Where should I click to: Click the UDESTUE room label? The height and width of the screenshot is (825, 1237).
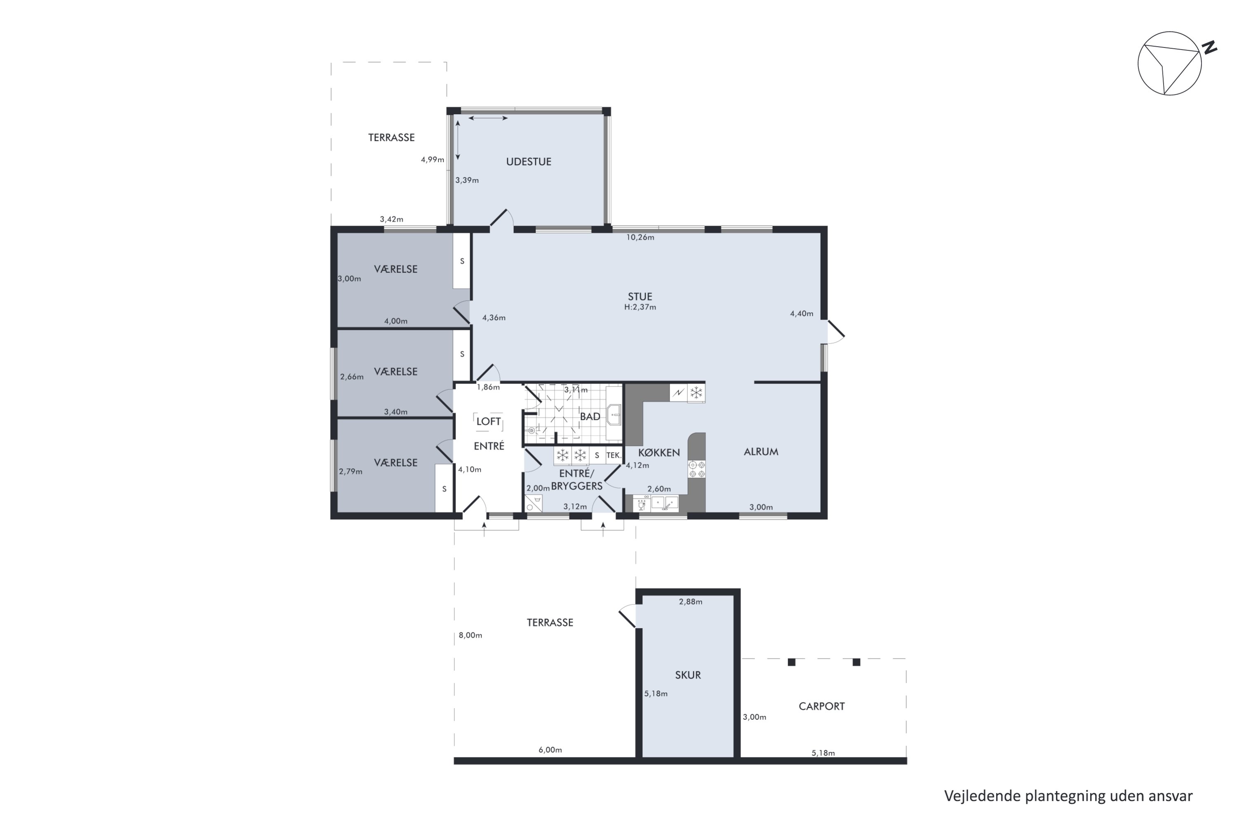[529, 162]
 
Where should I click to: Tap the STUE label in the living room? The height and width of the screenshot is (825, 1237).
[640, 297]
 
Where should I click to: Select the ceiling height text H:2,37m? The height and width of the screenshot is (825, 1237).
[640, 307]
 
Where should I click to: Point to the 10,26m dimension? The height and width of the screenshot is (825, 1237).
[640, 237]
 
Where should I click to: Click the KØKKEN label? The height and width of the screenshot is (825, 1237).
[659, 453]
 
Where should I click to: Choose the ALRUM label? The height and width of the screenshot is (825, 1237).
[761, 451]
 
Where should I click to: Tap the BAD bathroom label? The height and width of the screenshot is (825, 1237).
[590, 417]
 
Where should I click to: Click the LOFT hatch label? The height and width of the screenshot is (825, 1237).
[489, 422]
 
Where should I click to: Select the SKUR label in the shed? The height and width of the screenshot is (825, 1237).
[688, 675]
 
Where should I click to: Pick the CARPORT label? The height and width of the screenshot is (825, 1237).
[821, 707]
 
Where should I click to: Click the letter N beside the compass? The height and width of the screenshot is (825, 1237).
[1210, 47]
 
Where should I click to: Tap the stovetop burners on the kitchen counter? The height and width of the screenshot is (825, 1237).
[697, 469]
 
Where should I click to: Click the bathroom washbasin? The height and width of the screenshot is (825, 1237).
[614, 415]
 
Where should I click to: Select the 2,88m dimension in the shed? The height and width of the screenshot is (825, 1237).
[691, 601]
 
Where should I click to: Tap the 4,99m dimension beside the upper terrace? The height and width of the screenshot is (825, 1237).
[432, 159]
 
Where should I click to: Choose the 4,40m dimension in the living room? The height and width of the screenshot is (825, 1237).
[802, 313]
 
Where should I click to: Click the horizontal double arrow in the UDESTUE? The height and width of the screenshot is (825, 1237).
[488, 118]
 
